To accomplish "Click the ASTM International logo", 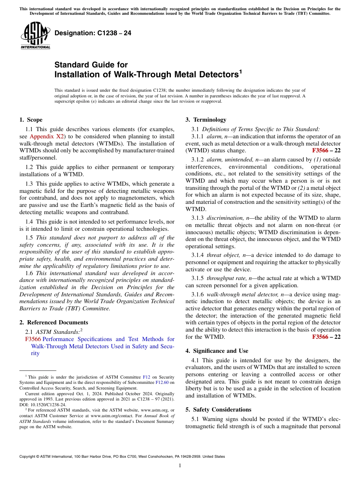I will pyautogui.click(x=35, y=36).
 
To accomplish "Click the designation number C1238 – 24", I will pyautogui.click(x=93, y=33).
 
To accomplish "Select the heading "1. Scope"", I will pyautogui.click(x=31, y=120).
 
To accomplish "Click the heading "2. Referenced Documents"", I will pyautogui.click(x=54, y=322).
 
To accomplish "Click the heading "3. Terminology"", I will pyautogui.click(x=206, y=120).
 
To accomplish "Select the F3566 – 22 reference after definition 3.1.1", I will pyautogui.click(x=326, y=150).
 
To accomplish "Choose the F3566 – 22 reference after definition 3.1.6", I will pyautogui.click(x=326, y=337).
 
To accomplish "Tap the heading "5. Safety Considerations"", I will pyautogui.click(x=218, y=410).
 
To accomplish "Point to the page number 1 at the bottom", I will pyautogui.click(x=180, y=466).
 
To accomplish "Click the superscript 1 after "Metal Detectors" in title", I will pyautogui.click(x=240, y=71).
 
